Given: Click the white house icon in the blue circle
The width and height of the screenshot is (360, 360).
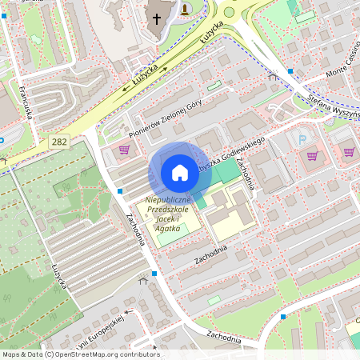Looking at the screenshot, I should coord(180,173).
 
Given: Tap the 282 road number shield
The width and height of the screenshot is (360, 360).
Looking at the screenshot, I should coord(58,141).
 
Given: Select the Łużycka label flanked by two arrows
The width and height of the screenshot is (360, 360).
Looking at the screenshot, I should coord(146,78).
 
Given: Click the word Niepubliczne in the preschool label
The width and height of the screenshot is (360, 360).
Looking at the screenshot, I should coord(166,200).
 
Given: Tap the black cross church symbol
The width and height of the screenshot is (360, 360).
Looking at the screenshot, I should coord(157,18).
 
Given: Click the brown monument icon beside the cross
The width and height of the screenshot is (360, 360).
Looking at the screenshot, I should coord(186,9).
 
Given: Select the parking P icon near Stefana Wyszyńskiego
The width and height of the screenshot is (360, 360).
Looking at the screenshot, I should coord(302,139).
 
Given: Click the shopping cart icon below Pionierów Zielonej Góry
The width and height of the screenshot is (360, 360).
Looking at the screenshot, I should coord(124,150).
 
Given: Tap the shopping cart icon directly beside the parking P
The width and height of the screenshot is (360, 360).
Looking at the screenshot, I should coord(313,155).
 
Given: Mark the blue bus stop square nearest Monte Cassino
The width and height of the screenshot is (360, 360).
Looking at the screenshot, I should coord(290,71).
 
